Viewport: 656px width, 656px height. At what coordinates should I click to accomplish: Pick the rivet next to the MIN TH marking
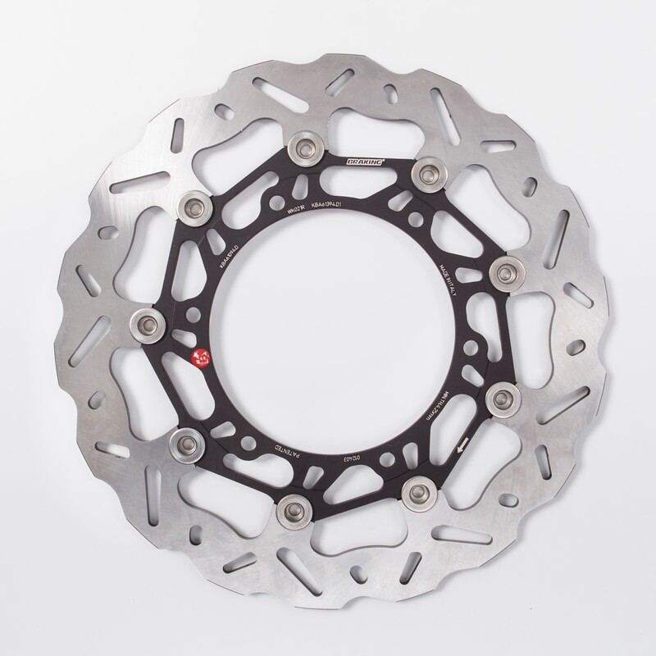[x=499, y=398]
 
